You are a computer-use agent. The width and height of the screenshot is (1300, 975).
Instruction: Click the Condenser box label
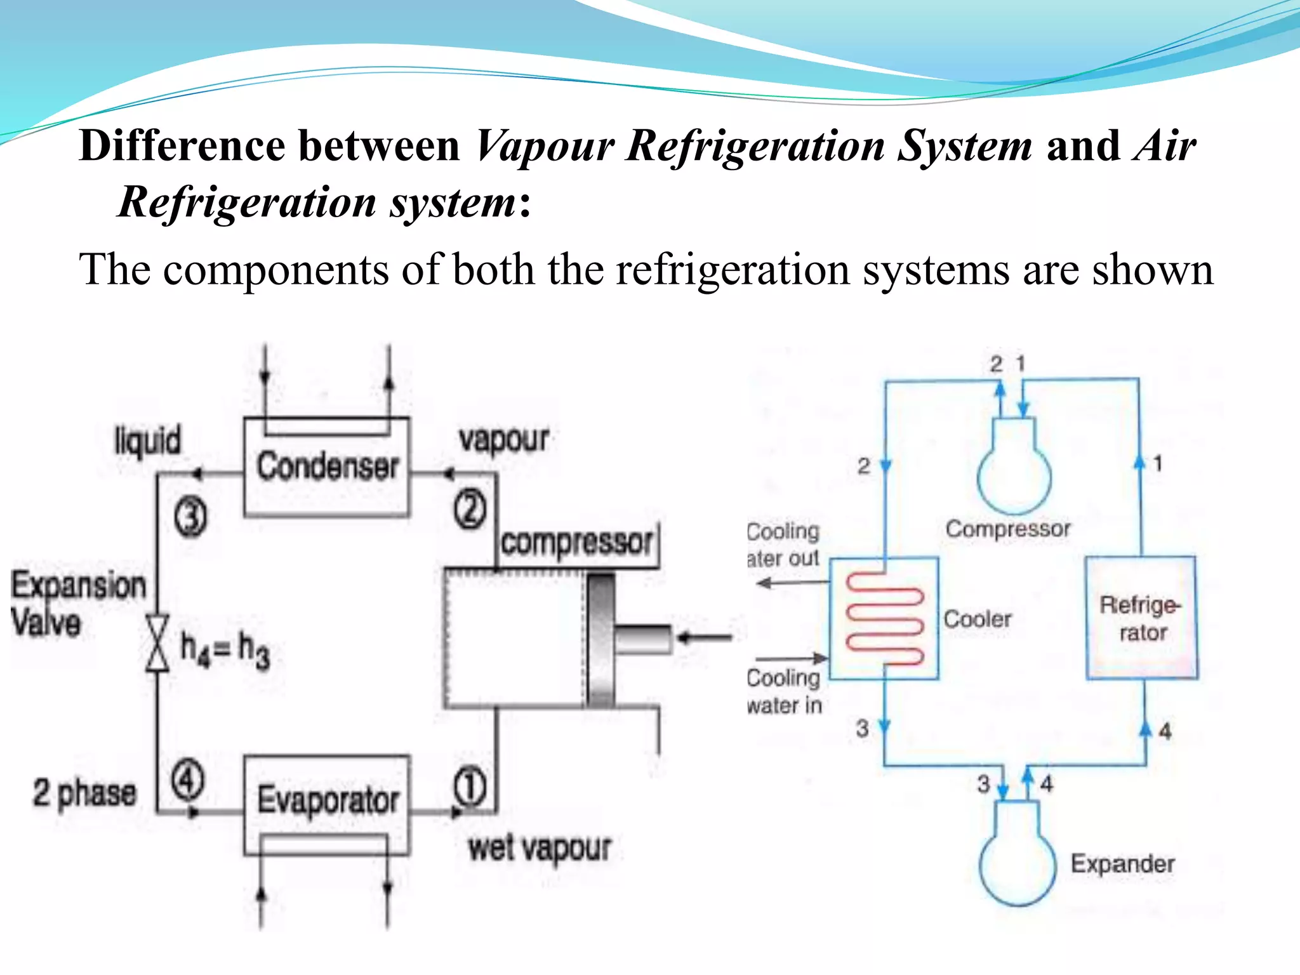[x=327, y=466]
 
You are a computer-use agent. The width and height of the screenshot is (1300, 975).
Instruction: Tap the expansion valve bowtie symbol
[x=157, y=642]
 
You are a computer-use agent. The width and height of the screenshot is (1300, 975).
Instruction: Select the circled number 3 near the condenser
[x=190, y=517]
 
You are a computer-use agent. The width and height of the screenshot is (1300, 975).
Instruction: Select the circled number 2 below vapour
[x=470, y=510]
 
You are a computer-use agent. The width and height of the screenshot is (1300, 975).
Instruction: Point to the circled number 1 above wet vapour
[x=470, y=787]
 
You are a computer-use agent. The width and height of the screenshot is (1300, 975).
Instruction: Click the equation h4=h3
[x=225, y=649]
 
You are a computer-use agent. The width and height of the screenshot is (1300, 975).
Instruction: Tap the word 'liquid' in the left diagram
[x=147, y=440]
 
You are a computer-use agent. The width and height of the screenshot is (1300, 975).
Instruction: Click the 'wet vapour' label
[x=540, y=848]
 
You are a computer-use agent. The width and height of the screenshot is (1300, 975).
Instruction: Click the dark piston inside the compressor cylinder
[x=600, y=640]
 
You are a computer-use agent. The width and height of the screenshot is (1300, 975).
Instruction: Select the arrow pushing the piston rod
[x=705, y=637]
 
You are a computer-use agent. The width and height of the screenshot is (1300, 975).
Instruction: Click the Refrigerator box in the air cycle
[x=1141, y=618]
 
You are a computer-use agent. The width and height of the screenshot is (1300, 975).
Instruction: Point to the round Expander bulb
[x=1018, y=866]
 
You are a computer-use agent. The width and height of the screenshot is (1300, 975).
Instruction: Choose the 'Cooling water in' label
[x=785, y=691]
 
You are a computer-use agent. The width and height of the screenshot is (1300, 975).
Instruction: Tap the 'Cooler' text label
[x=978, y=619]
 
